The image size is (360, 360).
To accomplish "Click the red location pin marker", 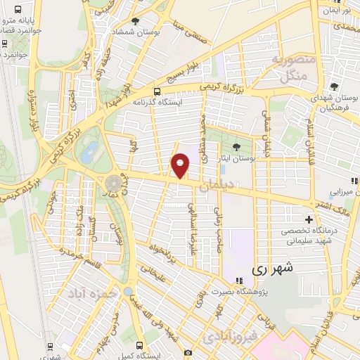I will (x=181, y=165).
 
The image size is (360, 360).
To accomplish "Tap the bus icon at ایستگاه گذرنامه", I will (x=157, y=91).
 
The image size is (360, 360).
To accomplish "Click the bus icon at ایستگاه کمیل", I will (x=139, y=346).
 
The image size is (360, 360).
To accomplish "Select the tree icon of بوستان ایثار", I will (x=236, y=146).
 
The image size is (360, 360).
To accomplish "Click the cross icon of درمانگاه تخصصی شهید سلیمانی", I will (x=308, y=219).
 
